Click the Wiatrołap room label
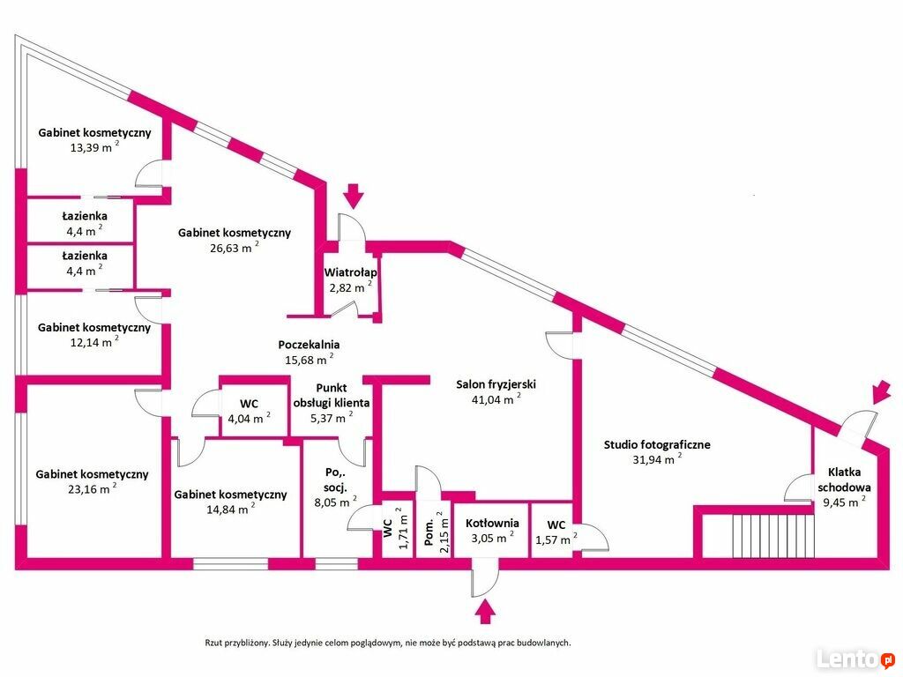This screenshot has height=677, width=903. [351, 272]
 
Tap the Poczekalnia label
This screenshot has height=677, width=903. [309, 345]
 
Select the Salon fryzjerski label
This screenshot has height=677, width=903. [496, 384]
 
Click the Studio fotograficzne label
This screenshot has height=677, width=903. [657, 444]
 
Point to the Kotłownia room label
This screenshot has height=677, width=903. [492, 523]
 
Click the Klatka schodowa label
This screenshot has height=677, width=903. [844, 480]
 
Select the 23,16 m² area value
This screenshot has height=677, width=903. [92, 488]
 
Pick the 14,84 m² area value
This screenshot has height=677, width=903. [230, 509]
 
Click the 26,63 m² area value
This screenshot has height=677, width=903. [234, 248]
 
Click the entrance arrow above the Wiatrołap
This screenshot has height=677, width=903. [354, 196]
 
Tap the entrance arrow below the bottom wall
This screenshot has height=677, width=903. [486, 612]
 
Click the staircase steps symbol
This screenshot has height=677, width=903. [773, 536]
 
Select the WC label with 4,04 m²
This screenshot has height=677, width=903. [249, 404]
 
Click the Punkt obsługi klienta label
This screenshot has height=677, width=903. [332, 396]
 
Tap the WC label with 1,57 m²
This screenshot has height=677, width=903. [556, 525]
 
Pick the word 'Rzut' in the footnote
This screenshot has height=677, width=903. [213, 643]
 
